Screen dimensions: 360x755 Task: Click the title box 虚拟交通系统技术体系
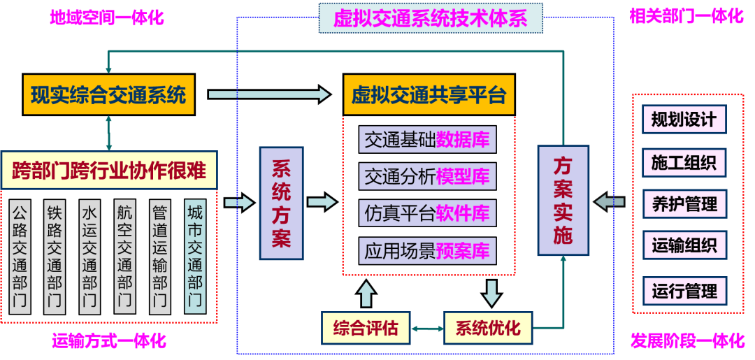click(431, 18)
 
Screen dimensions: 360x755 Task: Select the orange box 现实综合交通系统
click(108, 94)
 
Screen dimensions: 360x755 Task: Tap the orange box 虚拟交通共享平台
click(429, 95)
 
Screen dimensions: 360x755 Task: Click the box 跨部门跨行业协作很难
click(109, 170)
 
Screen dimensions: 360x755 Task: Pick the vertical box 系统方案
click(281, 203)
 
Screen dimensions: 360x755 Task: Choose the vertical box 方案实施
click(563, 200)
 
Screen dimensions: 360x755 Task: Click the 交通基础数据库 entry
click(427, 140)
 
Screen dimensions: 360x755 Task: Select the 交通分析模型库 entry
click(427, 176)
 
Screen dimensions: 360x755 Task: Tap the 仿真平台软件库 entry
click(427, 213)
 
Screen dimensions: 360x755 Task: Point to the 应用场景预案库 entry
click(427, 250)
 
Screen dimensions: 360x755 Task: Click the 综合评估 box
click(365, 327)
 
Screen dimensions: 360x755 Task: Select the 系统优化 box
click(487, 327)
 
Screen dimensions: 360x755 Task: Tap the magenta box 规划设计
click(684, 120)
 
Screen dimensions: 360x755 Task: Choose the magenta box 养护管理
click(684, 205)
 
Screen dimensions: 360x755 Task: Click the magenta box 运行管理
click(684, 290)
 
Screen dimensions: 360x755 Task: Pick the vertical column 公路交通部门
click(21, 257)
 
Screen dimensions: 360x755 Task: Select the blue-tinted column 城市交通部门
click(196, 257)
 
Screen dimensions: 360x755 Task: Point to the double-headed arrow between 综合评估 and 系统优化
click(426, 328)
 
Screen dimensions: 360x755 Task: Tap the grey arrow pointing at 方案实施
click(607, 202)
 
